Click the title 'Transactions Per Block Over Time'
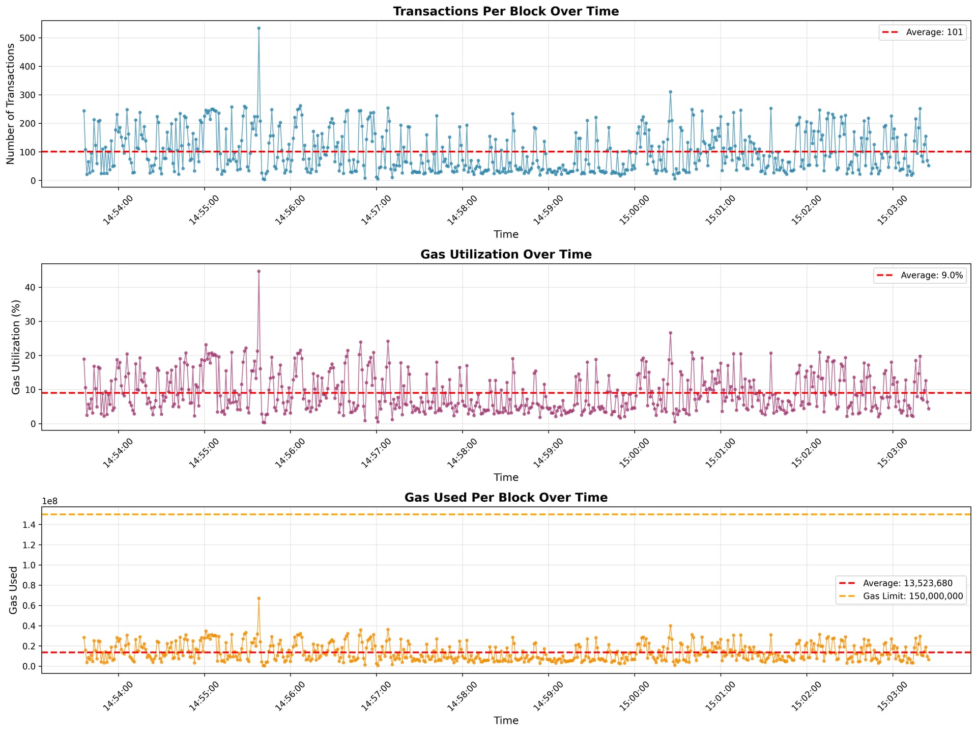506,11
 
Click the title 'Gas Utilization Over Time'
506,255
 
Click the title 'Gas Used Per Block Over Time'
506,498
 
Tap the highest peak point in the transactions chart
258,28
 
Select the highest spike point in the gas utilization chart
258,272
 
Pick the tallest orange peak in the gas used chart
258,598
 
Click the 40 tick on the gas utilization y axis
32,287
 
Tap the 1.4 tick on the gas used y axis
29,525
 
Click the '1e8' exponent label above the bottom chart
50,501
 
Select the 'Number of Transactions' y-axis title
11,104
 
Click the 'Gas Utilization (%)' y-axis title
16,347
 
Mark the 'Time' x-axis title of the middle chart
506,477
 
